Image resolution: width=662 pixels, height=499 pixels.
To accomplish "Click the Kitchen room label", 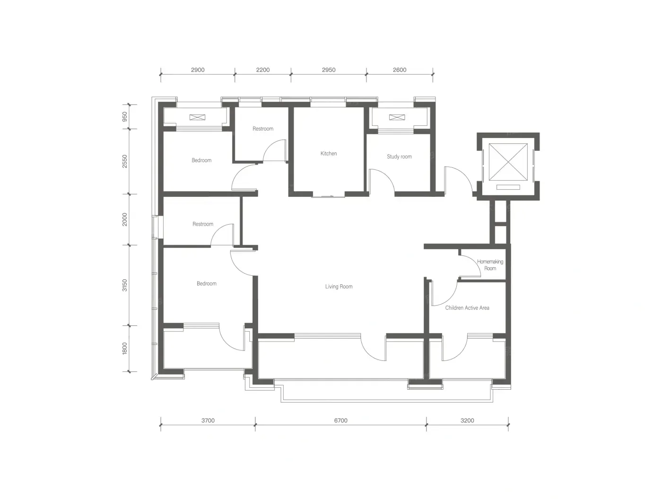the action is [x=329, y=154].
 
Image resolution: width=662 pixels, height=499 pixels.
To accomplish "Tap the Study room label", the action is [x=399, y=157].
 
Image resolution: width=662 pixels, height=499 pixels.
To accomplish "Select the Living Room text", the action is [x=339, y=287].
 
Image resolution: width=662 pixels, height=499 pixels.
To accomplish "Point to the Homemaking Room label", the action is [x=490, y=265].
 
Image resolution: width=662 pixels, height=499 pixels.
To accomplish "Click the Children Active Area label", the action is [x=467, y=308].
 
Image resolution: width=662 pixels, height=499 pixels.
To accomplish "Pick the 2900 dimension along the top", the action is [x=198, y=70].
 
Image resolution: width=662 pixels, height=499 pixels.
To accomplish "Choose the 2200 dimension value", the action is [x=263, y=70].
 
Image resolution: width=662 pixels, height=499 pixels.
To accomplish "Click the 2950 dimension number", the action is [x=329, y=70].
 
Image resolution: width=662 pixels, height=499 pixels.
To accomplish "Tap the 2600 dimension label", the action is [x=399, y=70].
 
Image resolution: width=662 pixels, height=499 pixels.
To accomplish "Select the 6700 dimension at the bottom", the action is [x=340, y=420].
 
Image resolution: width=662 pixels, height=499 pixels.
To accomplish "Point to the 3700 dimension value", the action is [x=208, y=420].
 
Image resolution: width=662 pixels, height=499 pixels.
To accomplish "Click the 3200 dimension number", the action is [x=467, y=420].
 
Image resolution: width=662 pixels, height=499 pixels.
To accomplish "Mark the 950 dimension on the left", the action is [x=124, y=117].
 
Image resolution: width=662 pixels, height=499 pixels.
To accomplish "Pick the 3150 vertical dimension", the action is [x=124, y=285].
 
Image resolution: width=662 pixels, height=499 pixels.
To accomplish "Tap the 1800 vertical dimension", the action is [x=124, y=349].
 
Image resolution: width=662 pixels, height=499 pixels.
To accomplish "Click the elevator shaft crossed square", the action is [x=508, y=162].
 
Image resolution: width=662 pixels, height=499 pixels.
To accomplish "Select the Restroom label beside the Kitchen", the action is [x=263, y=129].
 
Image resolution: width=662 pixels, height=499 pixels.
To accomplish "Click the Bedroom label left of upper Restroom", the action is [x=201, y=160].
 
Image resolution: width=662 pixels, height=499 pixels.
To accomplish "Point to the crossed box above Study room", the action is [x=397, y=117].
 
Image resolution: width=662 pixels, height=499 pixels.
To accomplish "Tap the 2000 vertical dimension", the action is [x=124, y=219].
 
